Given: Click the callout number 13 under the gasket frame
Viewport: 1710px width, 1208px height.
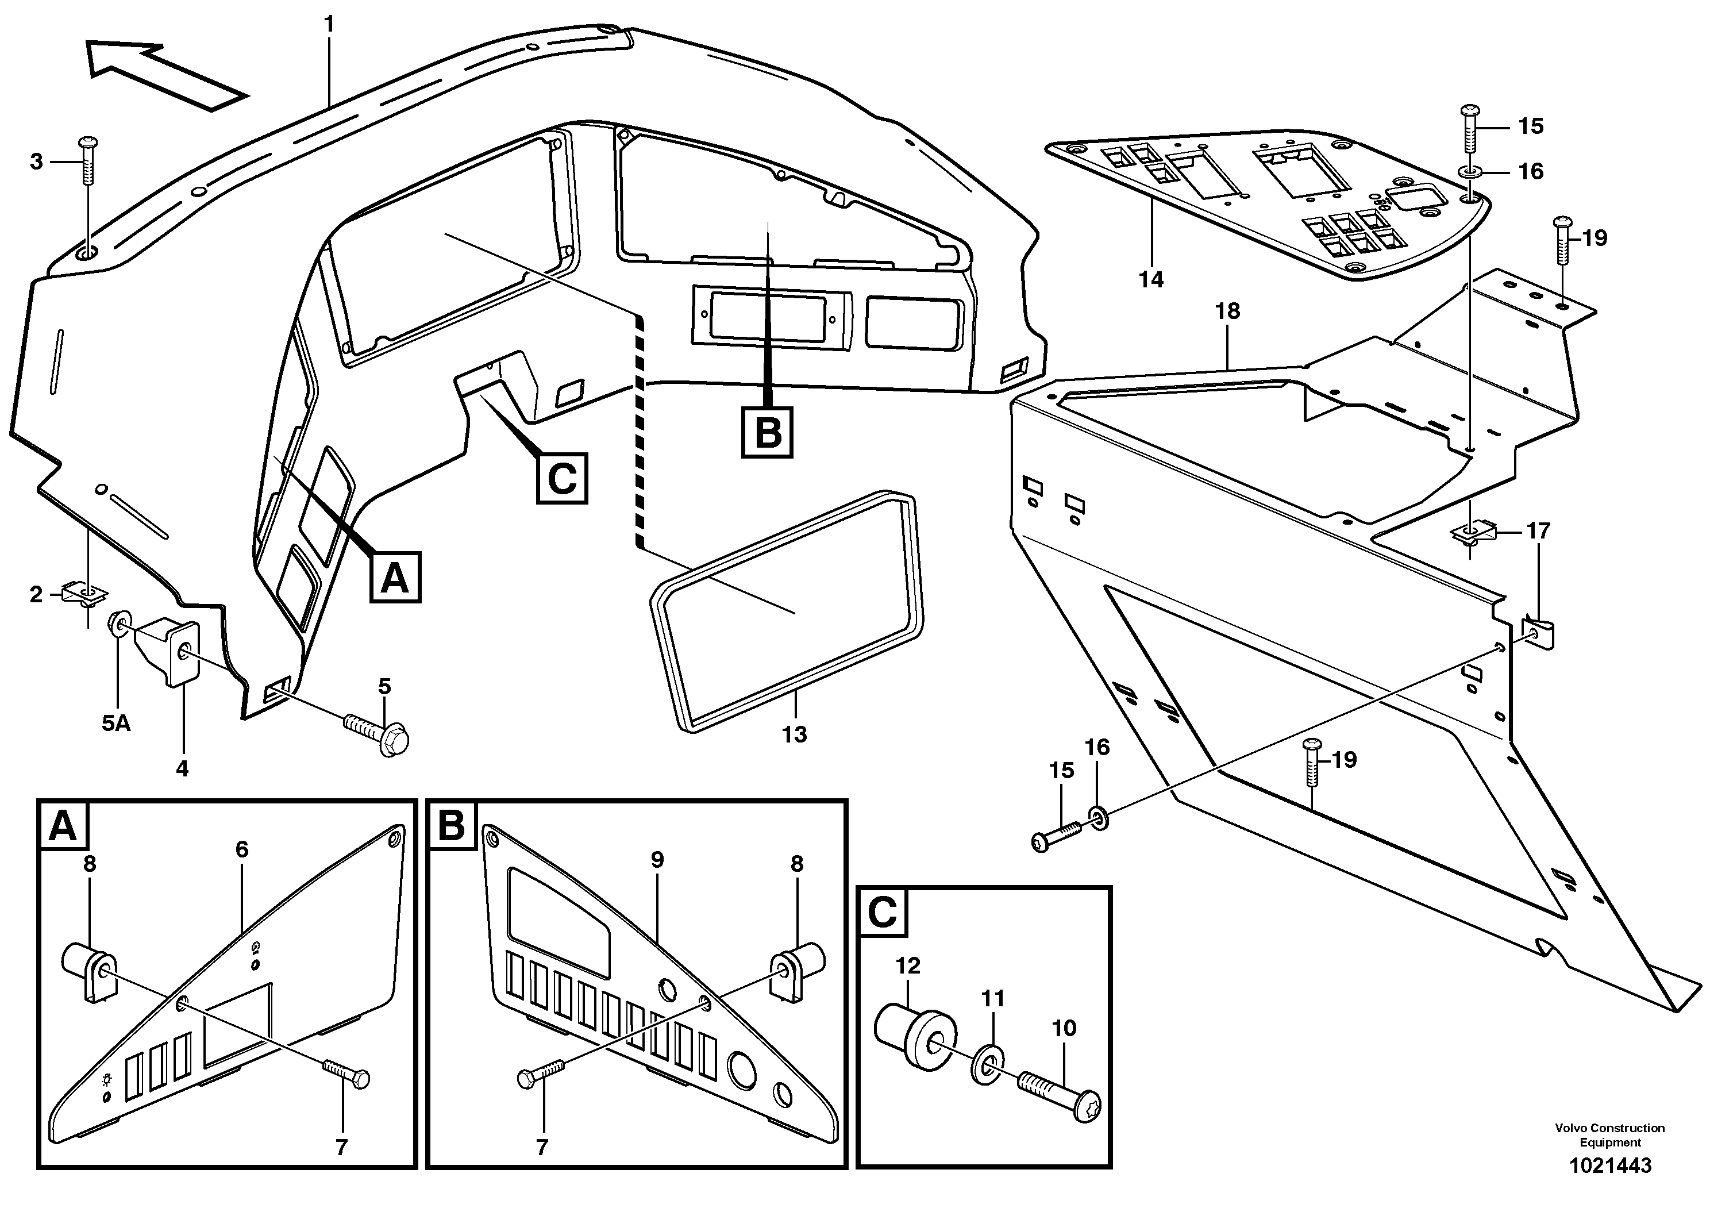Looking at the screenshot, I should click(794, 734).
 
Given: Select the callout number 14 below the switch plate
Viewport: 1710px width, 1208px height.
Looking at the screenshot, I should click(1151, 279).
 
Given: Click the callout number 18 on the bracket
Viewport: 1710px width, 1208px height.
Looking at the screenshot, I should click(1227, 311).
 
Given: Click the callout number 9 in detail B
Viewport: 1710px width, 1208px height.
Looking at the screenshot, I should click(657, 860).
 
